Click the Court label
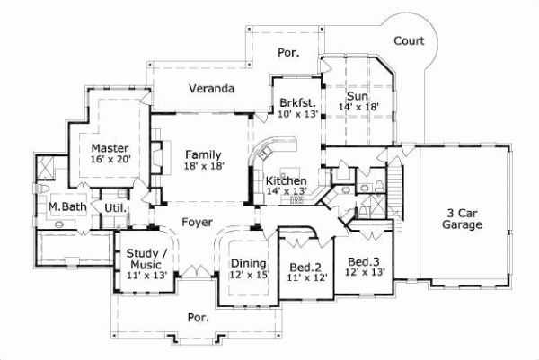pyautogui.click(x=409, y=40)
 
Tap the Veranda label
pyautogui.click(x=211, y=89)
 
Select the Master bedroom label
pyautogui.click(x=110, y=147)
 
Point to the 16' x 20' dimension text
pyautogui.click(x=110, y=160)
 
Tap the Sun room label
pyautogui.click(x=358, y=95)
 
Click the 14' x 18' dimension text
pyautogui.click(x=358, y=107)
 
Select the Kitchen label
pyautogui.click(x=287, y=180)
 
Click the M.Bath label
pyautogui.click(x=66, y=207)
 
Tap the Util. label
pyautogui.click(x=115, y=208)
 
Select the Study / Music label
pyautogui.click(x=146, y=258)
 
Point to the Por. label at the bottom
pyautogui.click(x=198, y=317)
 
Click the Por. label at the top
pyautogui.click(x=287, y=53)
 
